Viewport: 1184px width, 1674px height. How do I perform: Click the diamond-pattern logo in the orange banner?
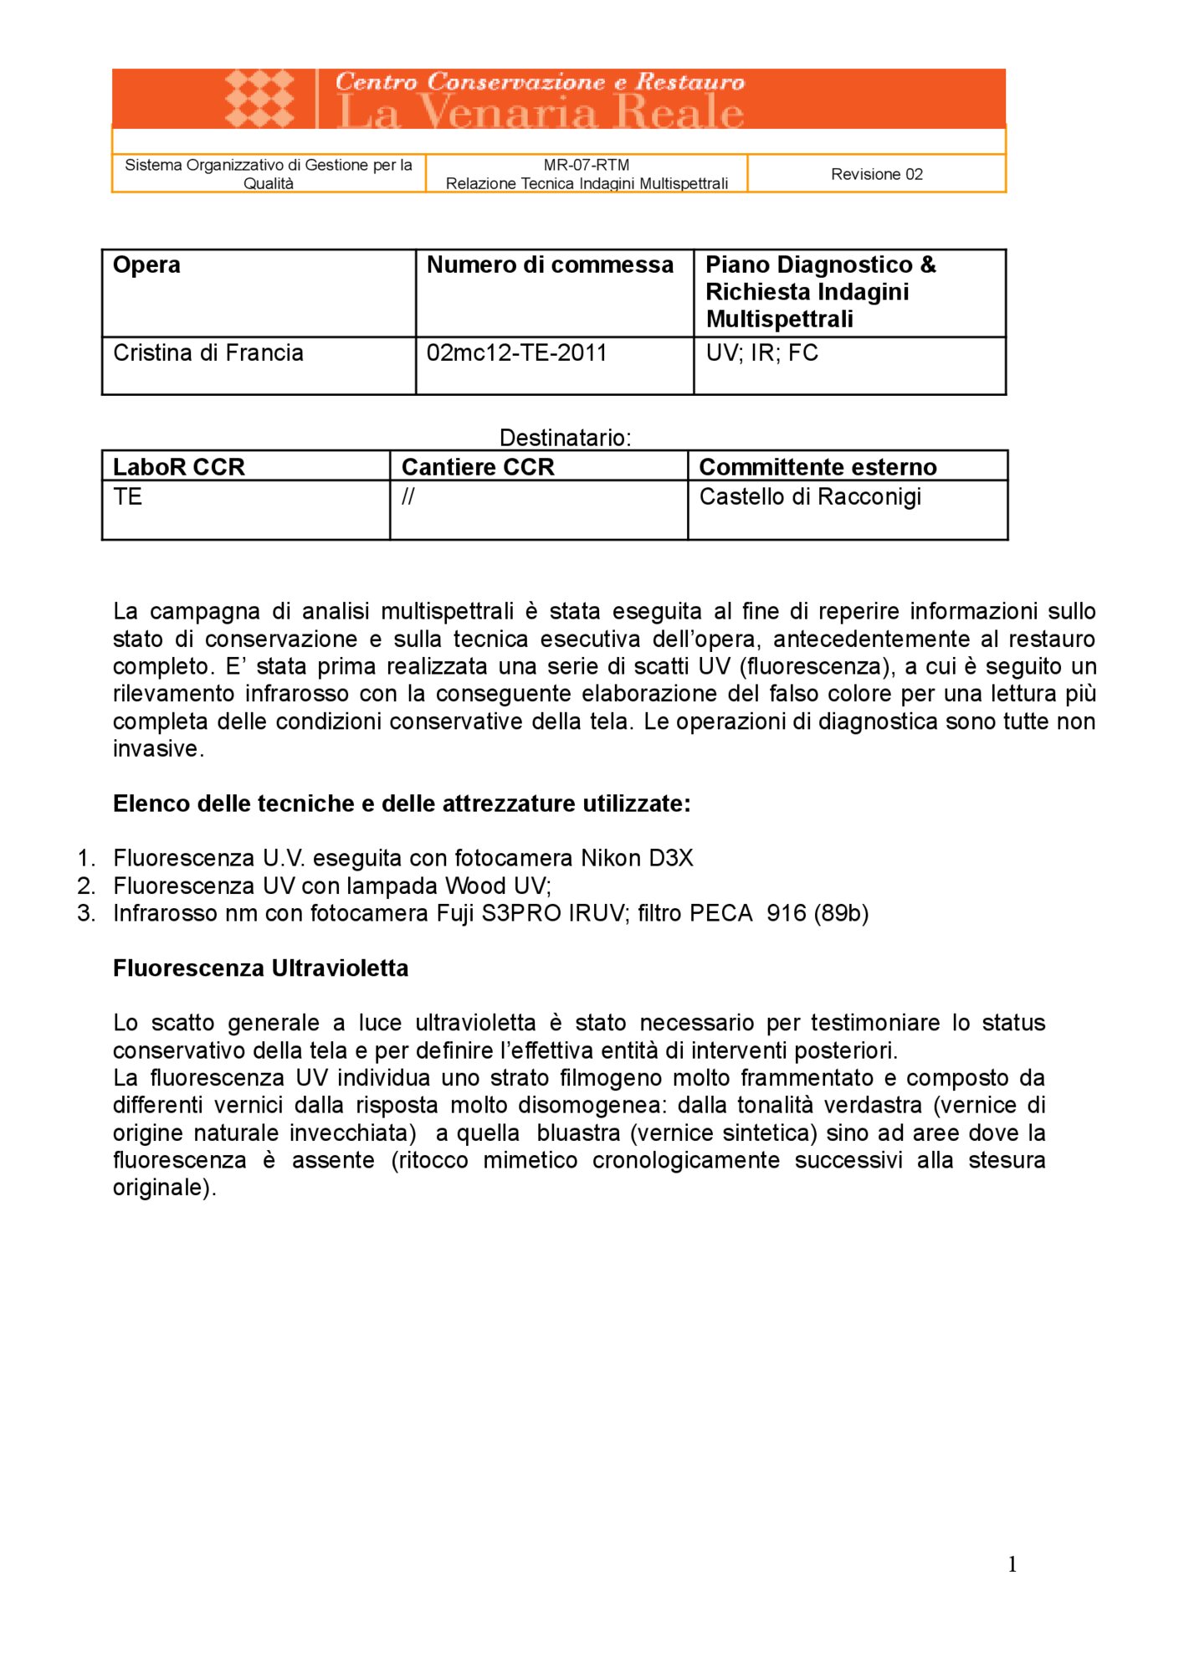click(259, 98)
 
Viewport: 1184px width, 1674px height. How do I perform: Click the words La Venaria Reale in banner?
click(540, 113)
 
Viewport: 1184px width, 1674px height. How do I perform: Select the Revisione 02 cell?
click(876, 174)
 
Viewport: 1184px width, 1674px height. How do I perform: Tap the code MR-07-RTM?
click(586, 165)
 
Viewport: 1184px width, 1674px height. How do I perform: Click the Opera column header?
click(147, 265)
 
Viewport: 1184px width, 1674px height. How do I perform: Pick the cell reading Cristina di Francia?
click(208, 353)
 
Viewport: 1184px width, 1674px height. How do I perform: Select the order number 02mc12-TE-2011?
click(516, 353)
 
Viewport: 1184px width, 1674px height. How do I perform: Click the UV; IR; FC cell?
click(761, 353)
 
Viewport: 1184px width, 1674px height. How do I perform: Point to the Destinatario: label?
click(565, 438)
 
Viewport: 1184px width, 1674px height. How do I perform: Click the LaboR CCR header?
click(179, 467)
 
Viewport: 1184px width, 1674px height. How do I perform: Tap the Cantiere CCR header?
click(478, 467)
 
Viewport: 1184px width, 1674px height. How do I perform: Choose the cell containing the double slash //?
click(407, 497)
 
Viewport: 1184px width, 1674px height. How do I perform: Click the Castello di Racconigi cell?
click(810, 497)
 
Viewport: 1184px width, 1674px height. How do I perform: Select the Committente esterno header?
click(818, 467)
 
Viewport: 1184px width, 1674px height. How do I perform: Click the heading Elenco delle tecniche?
click(402, 804)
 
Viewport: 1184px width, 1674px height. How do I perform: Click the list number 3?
click(85, 913)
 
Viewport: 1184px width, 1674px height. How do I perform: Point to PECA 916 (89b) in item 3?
click(778, 913)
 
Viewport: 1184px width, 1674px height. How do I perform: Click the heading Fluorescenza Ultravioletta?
click(261, 968)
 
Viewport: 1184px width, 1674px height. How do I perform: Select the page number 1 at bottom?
click(1012, 1564)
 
